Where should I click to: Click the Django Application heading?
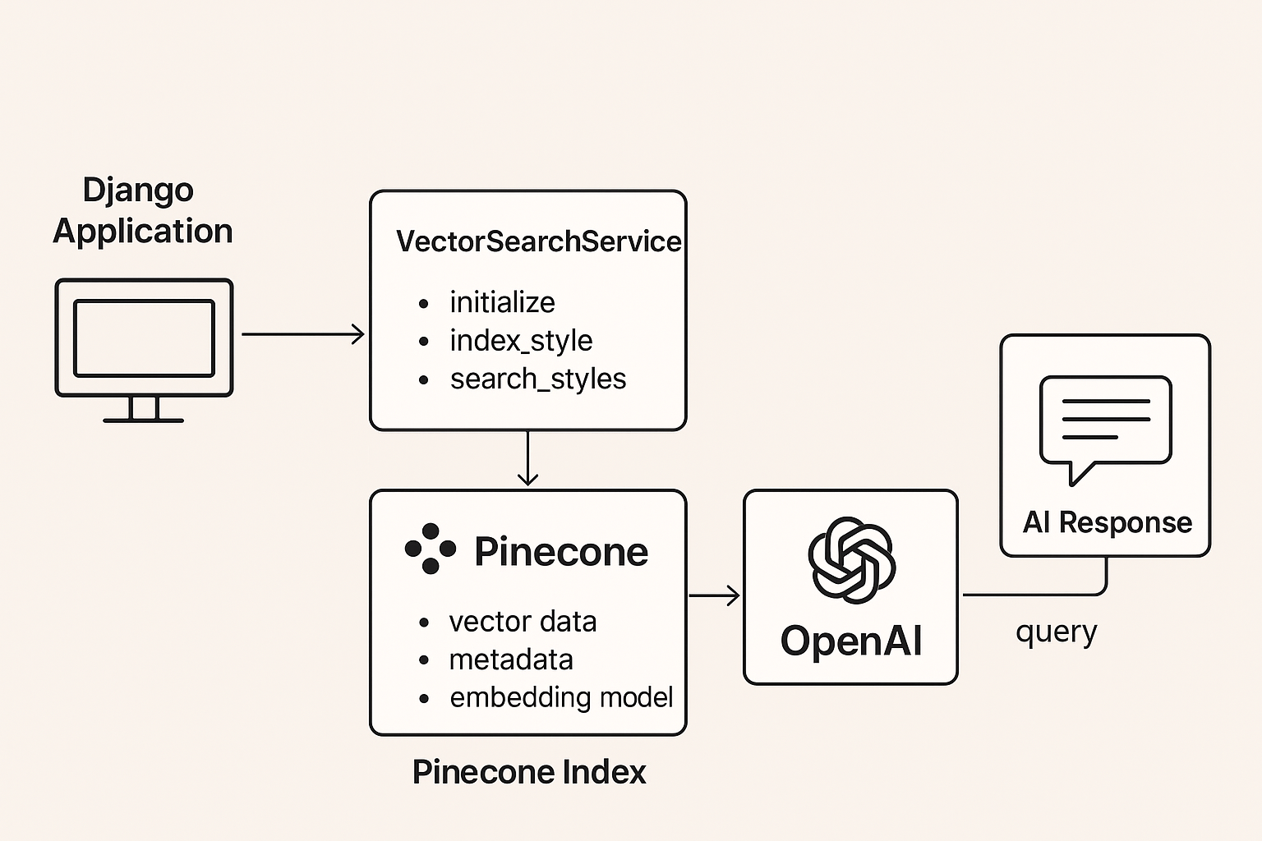tap(142, 210)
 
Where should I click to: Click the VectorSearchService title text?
tap(538, 241)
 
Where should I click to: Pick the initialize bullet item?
tap(502, 302)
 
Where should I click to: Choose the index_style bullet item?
tap(521, 340)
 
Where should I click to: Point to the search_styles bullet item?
tap(537, 379)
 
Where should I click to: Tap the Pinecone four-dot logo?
tap(430, 549)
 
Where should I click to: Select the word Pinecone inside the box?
tap(561, 552)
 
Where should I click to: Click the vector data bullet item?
tap(523, 622)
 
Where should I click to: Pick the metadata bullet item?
tap(511, 659)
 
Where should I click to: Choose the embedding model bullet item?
tap(561, 697)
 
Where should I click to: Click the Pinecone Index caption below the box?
tap(529, 772)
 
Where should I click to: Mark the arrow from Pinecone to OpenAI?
tap(714, 595)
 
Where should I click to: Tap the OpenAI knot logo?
tap(851, 560)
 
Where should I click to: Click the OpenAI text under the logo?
tap(851, 641)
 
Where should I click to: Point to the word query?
tap(1056, 632)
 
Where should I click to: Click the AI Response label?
tap(1107, 522)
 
